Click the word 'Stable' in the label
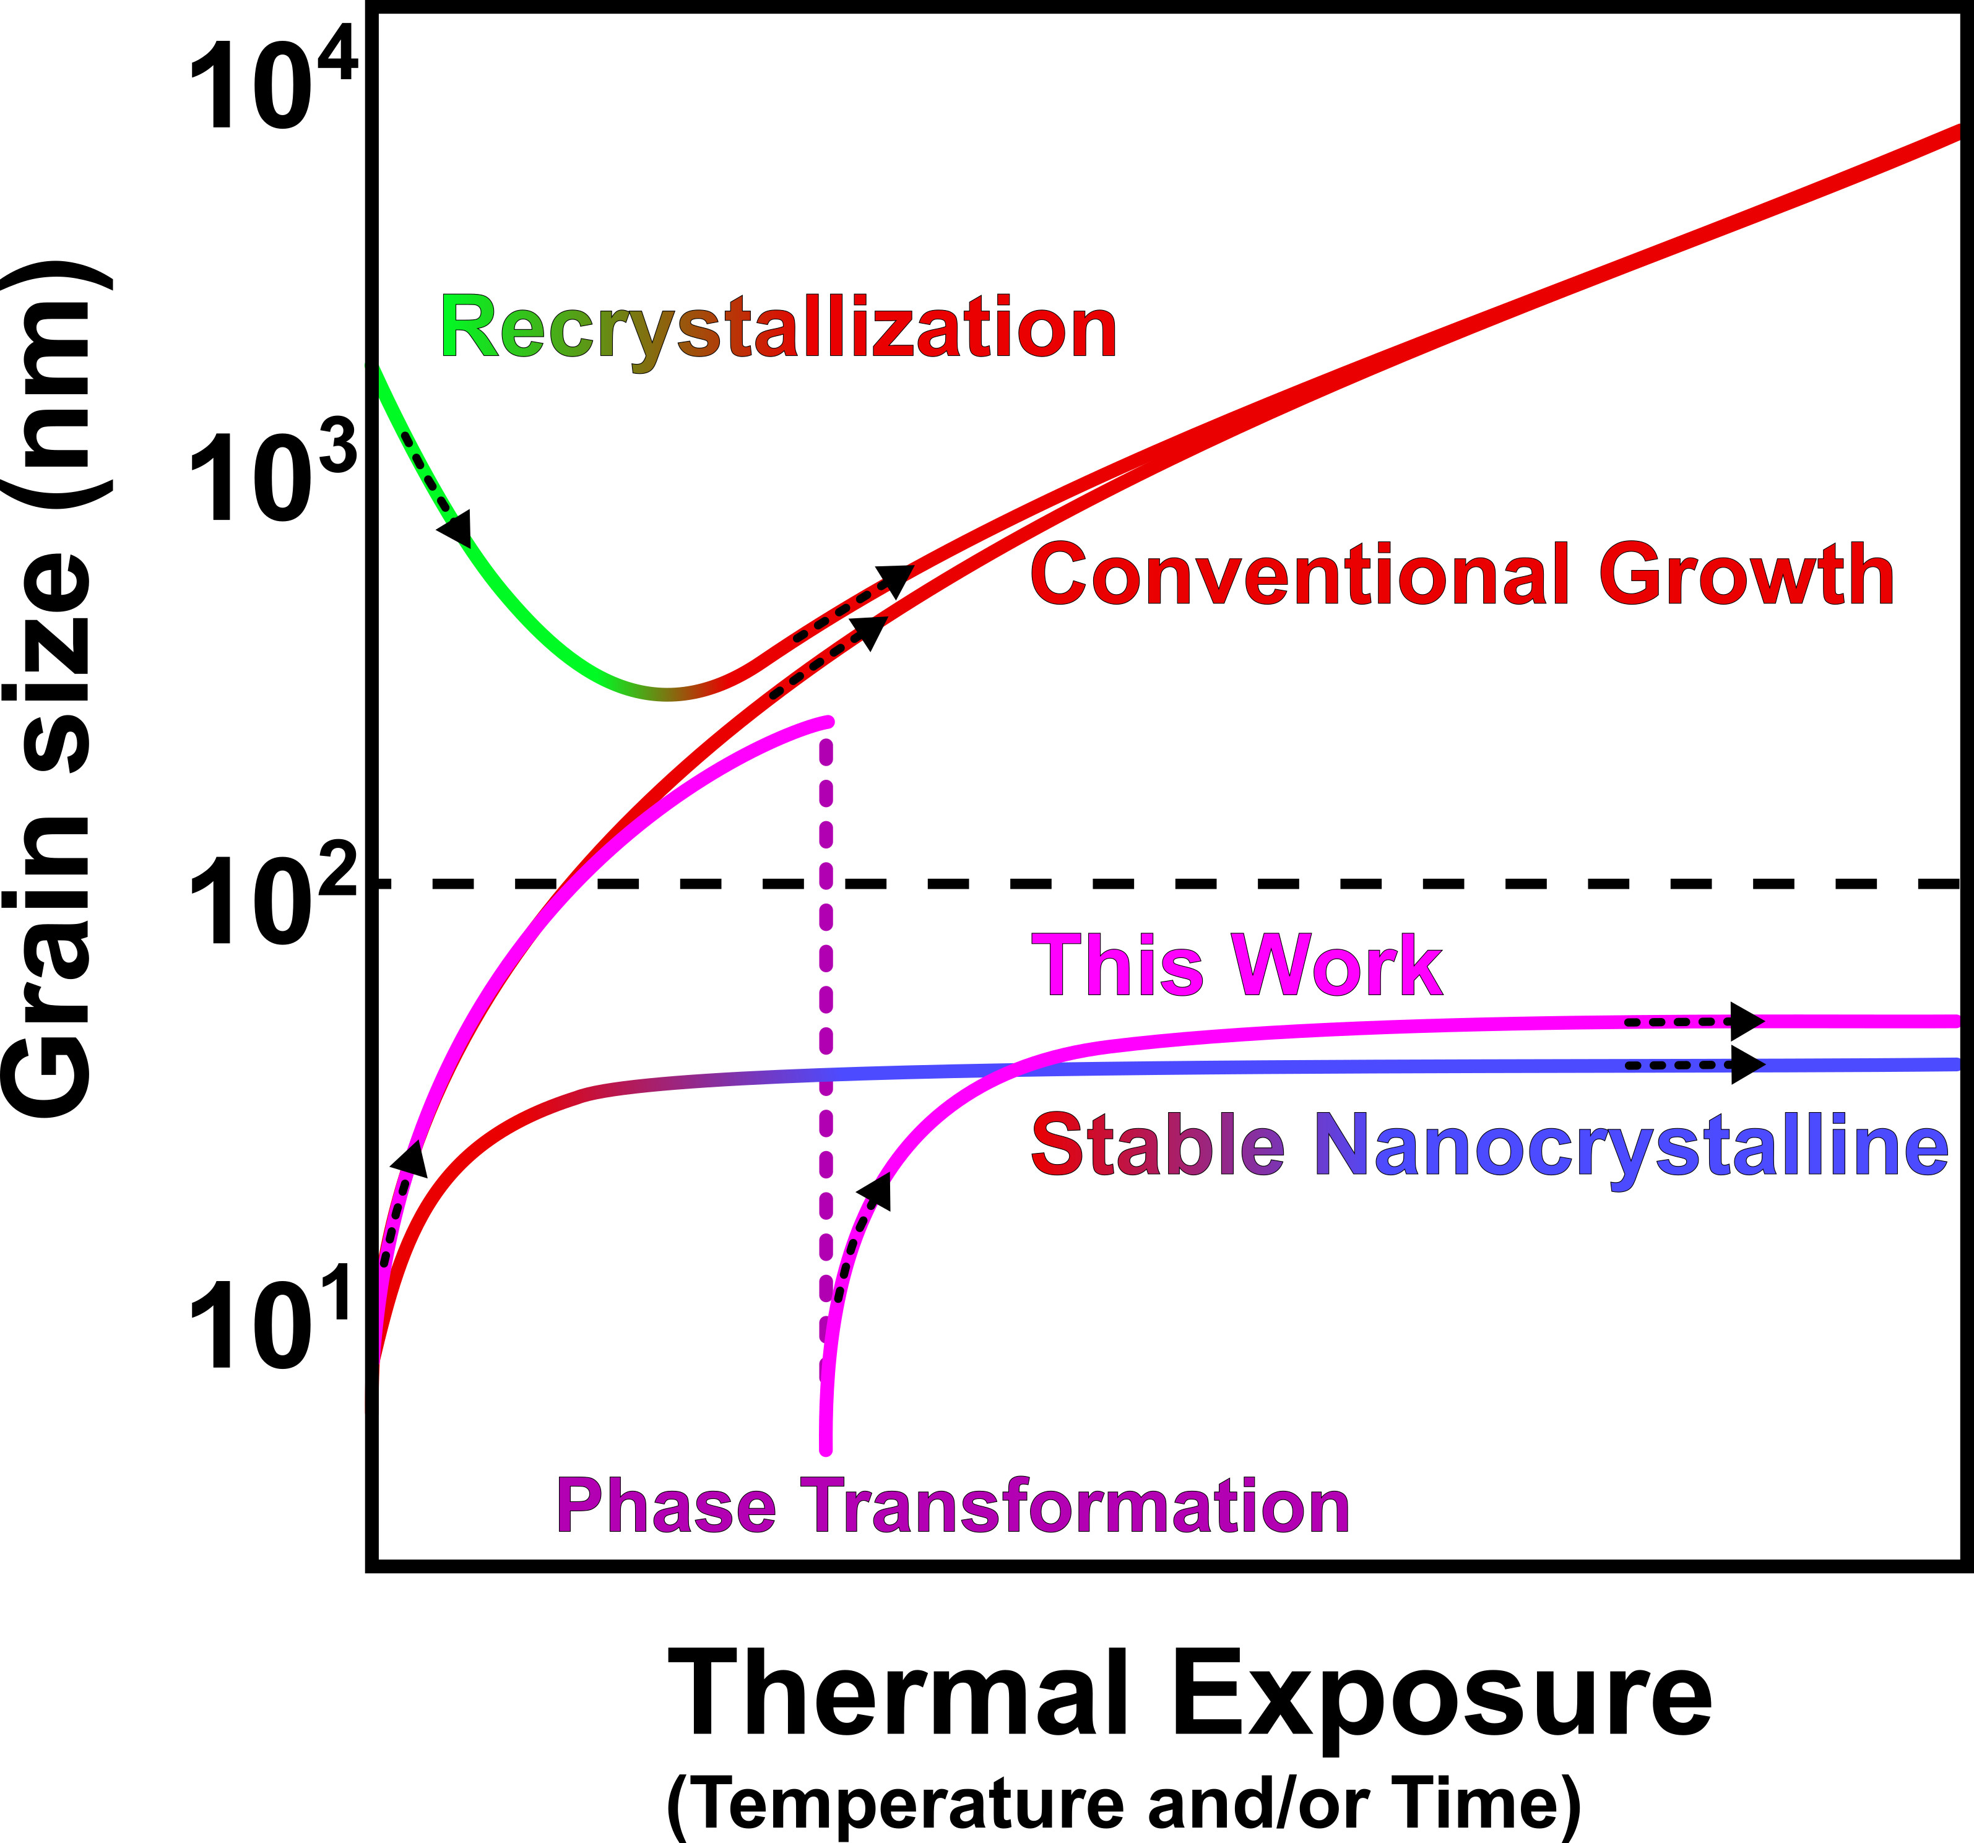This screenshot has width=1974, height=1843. click(1158, 1144)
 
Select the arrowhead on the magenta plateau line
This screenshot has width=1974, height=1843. click(1746, 1021)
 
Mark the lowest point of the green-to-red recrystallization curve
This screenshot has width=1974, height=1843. click(667, 692)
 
